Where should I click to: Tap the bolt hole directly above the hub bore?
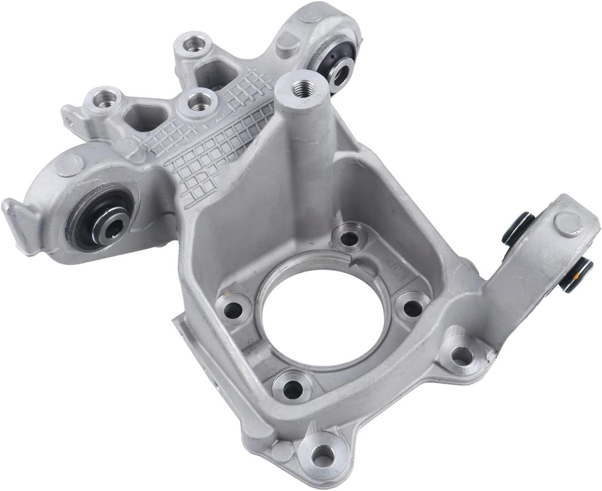tap(349, 238)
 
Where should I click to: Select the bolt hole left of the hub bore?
tap(234, 309)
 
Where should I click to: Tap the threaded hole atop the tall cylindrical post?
tap(302, 87)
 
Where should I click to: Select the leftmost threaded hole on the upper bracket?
tap(103, 99)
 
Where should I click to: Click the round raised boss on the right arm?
tap(568, 224)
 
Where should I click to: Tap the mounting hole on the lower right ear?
tap(462, 356)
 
